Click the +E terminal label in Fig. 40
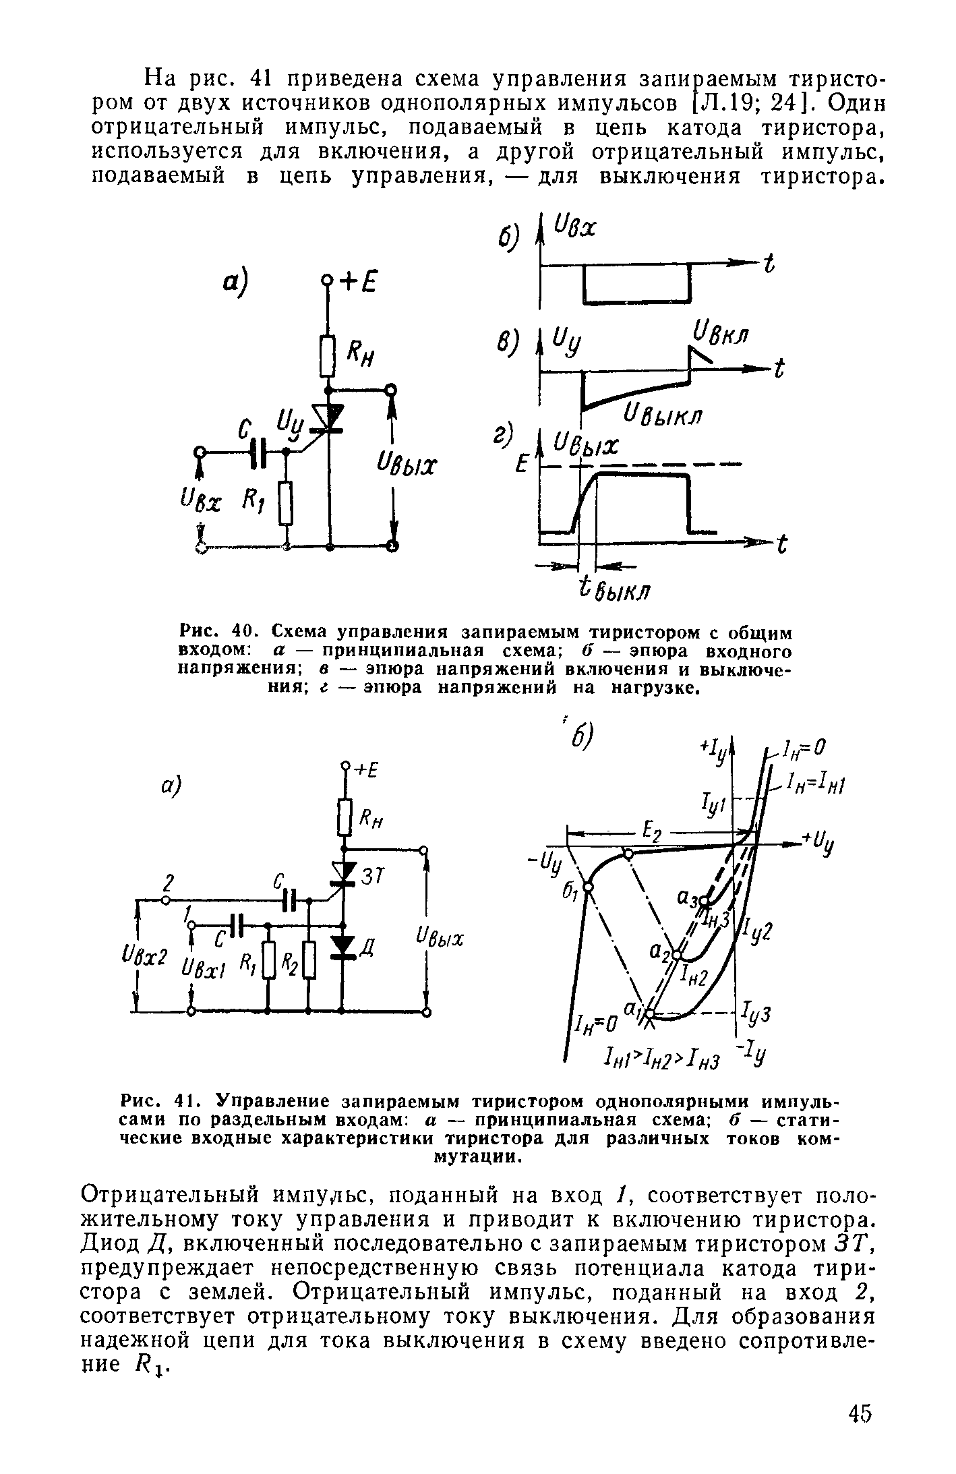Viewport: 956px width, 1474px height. (357, 282)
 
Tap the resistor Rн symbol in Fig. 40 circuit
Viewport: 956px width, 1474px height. (328, 356)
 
